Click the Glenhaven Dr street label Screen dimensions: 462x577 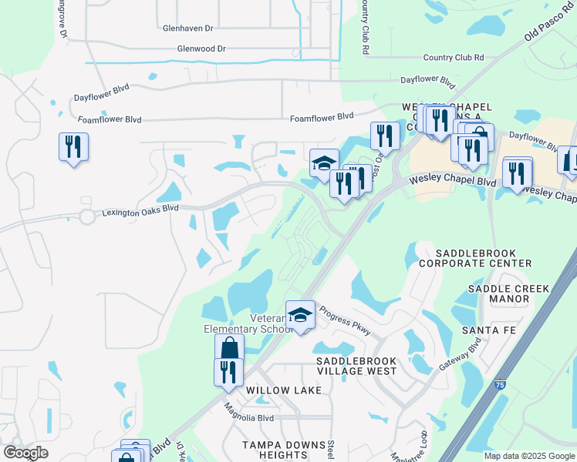(187, 28)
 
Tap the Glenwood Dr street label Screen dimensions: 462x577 (200, 49)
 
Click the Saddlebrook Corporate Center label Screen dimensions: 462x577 (474, 257)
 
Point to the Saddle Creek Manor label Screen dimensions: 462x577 (508, 294)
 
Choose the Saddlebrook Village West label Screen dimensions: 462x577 (356, 366)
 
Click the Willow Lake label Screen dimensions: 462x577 (283, 390)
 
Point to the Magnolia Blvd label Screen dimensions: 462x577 (249, 417)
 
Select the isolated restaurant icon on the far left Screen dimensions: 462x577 (73, 146)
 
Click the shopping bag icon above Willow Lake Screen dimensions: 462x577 (229, 348)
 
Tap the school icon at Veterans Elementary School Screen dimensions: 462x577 (300, 315)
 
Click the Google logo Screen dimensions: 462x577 (25, 454)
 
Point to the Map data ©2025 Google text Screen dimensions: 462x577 (528, 456)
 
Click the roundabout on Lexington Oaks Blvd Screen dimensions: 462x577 (86, 217)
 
